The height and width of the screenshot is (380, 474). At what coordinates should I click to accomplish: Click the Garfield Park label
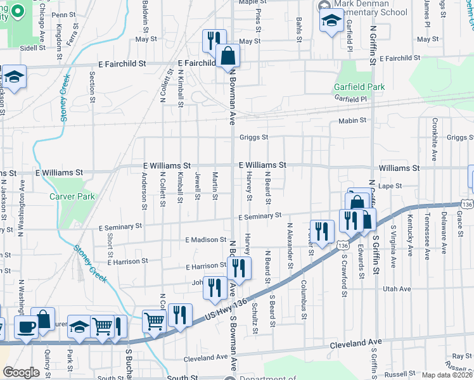(359, 87)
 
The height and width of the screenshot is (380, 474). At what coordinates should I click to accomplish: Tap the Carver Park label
(72, 196)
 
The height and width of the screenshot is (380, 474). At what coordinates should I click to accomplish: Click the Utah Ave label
(397, 289)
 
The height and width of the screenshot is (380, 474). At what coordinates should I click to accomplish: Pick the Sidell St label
(32, 47)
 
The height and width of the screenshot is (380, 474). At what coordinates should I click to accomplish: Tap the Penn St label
(63, 15)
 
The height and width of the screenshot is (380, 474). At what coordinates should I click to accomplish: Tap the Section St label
(93, 87)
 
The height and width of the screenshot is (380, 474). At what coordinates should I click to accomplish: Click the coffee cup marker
(26, 327)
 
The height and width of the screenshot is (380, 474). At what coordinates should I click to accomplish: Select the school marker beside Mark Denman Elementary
(331, 21)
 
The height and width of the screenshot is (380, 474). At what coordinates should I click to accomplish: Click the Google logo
(20, 372)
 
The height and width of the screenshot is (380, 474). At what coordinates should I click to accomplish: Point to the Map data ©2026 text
(447, 375)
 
